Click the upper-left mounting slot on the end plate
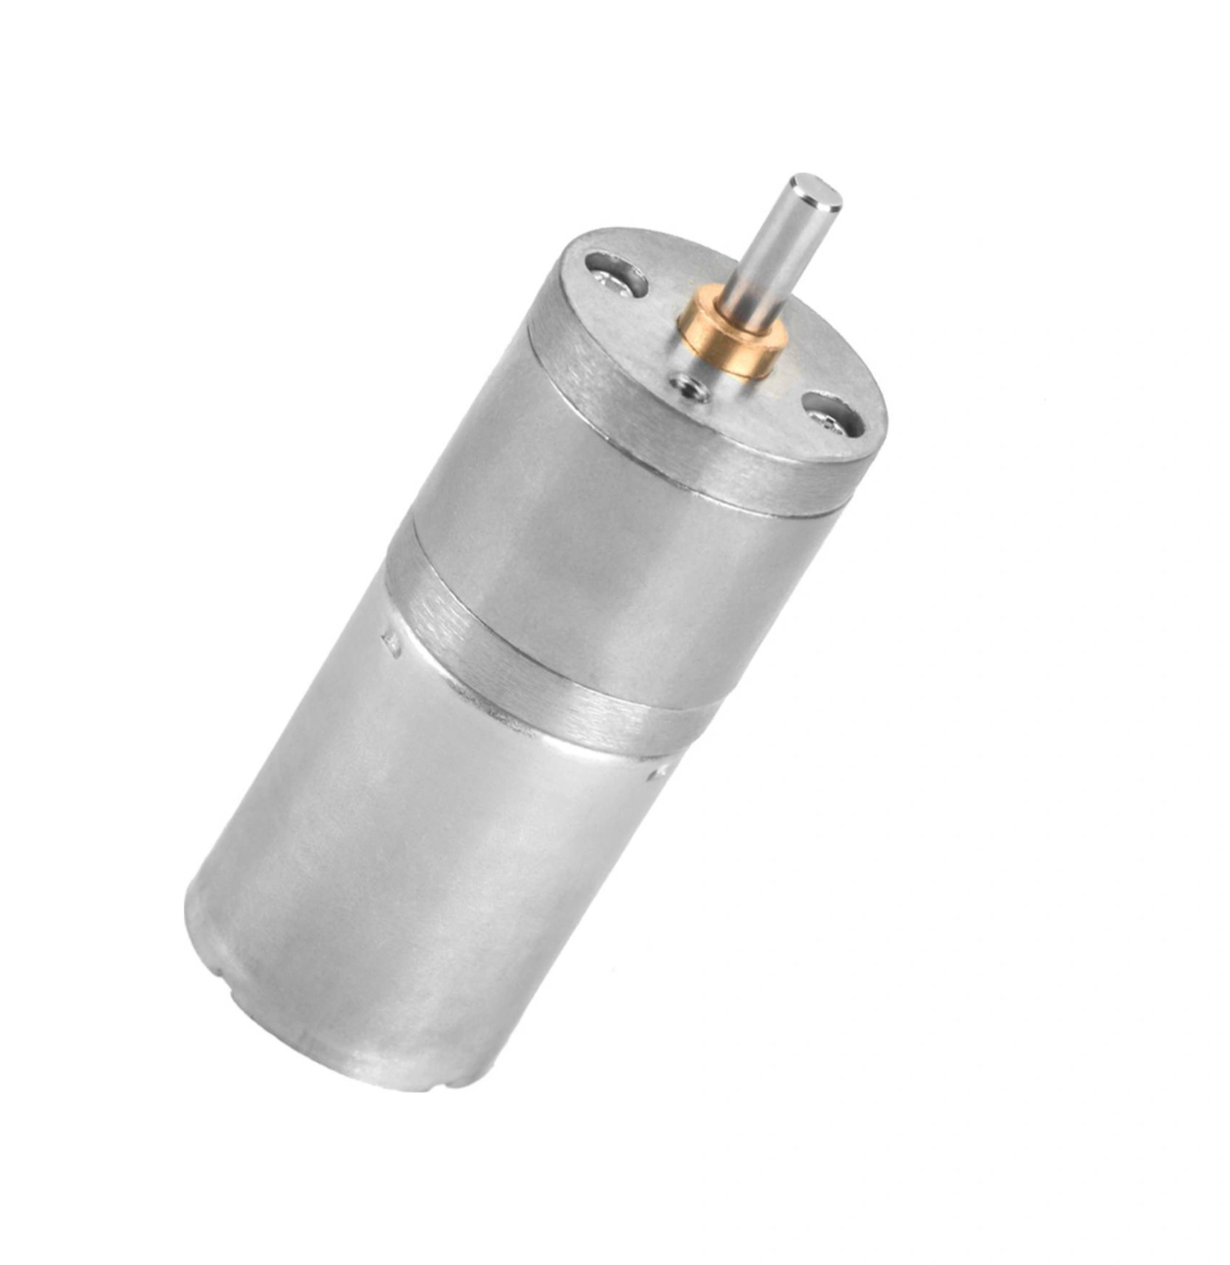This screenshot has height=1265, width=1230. (616, 273)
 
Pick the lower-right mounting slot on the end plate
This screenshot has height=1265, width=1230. (837, 414)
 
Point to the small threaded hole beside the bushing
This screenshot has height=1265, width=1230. (688, 389)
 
